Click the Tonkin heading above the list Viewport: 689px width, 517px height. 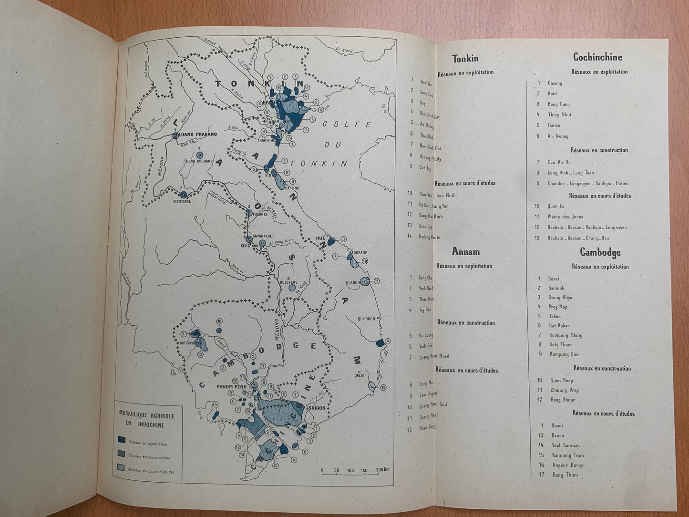pos(465,59)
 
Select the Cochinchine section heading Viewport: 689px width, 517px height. pos(597,57)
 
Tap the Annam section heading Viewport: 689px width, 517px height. pos(465,252)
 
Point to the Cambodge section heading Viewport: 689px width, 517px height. pos(600,252)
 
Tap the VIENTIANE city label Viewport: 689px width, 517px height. pos(181,201)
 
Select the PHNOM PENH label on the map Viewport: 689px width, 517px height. pos(230,386)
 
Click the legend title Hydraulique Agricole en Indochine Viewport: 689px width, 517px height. pos(146,420)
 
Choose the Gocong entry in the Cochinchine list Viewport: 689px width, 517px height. pos(555,83)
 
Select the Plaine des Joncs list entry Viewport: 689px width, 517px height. pos(565,217)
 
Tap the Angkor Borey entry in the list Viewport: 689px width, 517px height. pos(567,465)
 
